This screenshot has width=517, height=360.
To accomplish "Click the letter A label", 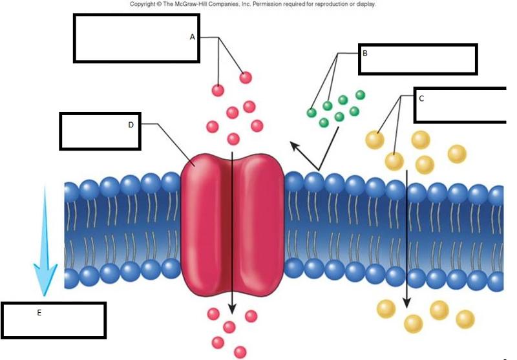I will [x=192, y=37].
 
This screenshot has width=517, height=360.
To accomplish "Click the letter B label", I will [x=365, y=53].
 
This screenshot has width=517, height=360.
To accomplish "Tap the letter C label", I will [x=421, y=98].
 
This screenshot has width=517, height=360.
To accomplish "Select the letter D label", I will [x=131, y=125].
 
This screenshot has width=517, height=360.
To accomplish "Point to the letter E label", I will [x=39, y=312].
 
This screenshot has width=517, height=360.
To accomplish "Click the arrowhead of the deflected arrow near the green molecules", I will [x=295, y=145].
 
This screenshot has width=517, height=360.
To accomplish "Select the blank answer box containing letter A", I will [x=136, y=38].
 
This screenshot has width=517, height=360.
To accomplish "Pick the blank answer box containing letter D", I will [x=100, y=131].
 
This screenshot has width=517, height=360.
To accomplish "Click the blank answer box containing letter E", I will [x=54, y=320].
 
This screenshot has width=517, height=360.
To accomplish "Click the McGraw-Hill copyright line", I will [x=253, y=4].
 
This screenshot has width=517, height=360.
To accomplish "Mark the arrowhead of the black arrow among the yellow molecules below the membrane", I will [x=406, y=301].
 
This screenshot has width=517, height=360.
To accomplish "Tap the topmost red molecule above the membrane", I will [x=246, y=78].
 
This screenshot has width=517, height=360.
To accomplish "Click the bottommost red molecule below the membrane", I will [x=240, y=352].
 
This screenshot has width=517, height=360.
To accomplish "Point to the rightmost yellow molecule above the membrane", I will [x=457, y=154].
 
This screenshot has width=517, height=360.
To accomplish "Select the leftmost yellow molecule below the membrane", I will [x=386, y=308].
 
